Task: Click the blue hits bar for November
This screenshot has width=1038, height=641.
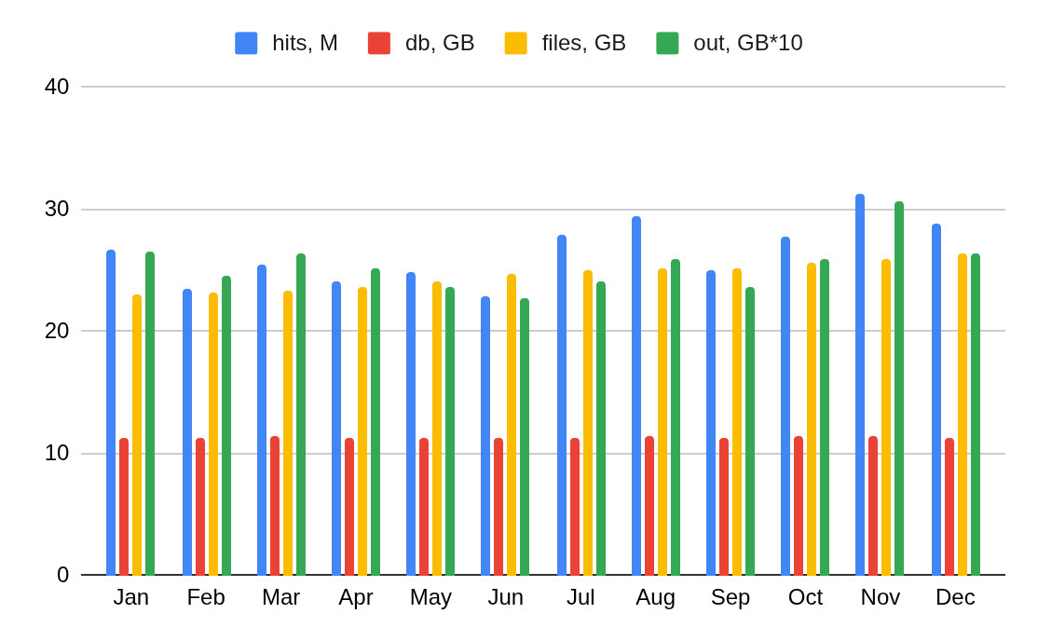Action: click(860, 385)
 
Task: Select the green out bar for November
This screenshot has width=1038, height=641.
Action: click(899, 389)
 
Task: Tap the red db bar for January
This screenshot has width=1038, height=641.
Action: click(124, 507)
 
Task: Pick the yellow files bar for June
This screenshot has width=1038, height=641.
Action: click(512, 425)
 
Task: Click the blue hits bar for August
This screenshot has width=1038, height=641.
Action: click(636, 396)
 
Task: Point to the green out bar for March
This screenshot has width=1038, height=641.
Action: click(301, 415)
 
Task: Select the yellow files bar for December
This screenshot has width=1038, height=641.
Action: click(963, 415)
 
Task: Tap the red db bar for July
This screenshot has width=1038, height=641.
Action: click(575, 507)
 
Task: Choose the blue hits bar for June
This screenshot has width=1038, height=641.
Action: click(485, 436)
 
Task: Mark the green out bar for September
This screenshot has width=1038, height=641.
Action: click(750, 431)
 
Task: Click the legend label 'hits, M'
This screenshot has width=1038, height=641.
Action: click(305, 43)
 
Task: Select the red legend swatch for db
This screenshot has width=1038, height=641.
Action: click(379, 43)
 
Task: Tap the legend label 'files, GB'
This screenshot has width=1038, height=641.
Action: click(583, 43)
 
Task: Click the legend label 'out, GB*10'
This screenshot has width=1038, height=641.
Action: click(747, 43)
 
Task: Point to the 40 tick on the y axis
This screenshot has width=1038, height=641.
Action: click(57, 87)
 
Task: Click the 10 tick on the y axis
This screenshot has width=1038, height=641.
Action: click(57, 453)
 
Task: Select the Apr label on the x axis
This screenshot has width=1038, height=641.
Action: click(356, 597)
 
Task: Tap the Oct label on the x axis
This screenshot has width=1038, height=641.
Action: click(805, 597)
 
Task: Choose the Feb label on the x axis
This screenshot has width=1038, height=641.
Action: click(206, 597)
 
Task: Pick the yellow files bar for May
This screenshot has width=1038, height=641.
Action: click(437, 429)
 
